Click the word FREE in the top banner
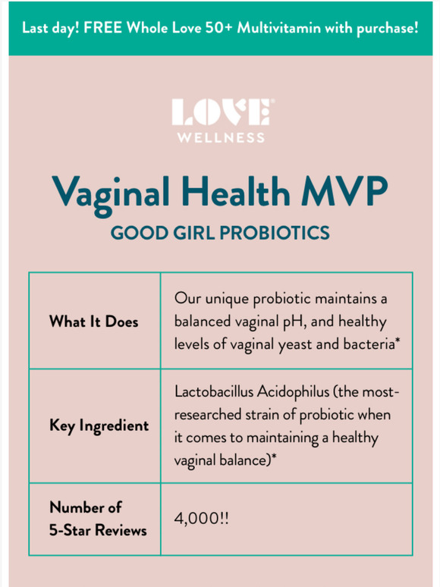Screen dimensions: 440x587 tap(102, 28)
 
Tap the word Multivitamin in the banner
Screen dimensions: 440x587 tap(278, 28)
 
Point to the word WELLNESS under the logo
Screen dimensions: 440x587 tap(222, 138)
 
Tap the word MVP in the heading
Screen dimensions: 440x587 tap(344, 190)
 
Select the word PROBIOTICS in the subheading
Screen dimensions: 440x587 tap(275, 233)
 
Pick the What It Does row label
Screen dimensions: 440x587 tap(93, 322)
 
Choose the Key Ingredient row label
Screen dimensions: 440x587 tap(99, 426)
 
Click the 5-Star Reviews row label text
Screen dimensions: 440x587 tap(98, 530)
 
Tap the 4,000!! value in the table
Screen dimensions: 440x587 tap(202, 519)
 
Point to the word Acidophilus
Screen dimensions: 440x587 tap(294, 393)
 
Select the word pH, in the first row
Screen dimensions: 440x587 tap(294, 322)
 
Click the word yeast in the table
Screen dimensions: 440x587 tap(295, 345)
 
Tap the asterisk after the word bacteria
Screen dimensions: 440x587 tap(398, 341)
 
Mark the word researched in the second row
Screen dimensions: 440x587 tap(208, 415)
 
